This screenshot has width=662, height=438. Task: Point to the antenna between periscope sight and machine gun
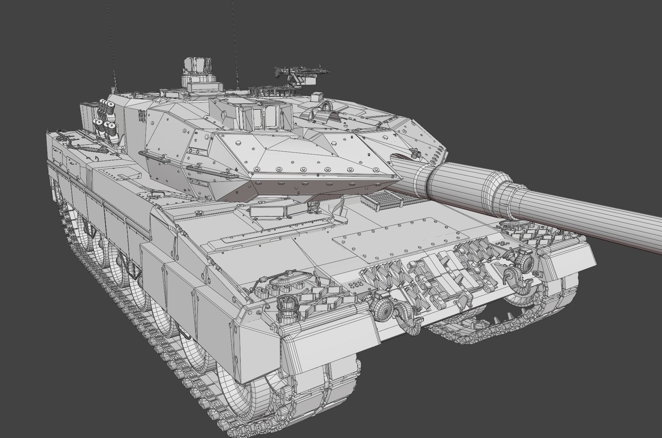[234, 43]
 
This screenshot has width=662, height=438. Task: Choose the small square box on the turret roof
[317, 97]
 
